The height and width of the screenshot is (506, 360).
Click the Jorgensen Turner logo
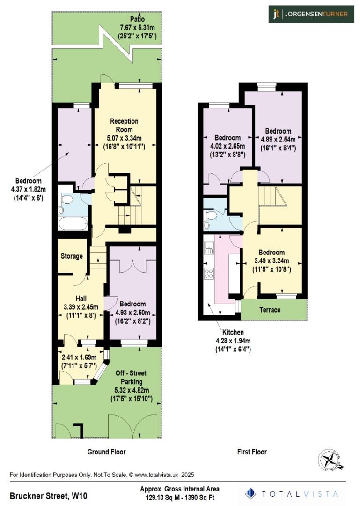(x=310, y=14)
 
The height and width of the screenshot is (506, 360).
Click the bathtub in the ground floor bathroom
(x=73, y=222)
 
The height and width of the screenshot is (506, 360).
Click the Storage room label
(x=72, y=256)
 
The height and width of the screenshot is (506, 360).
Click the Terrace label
(x=270, y=310)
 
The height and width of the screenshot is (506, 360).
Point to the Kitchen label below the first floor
(x=233, y=332)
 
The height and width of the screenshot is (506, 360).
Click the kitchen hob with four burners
(x=208, y=274)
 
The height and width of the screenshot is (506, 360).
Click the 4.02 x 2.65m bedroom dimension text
(x=228, y=146)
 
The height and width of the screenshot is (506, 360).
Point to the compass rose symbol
(x=331, y=460)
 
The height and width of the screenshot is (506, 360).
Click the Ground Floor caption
(x=106, y=452)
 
